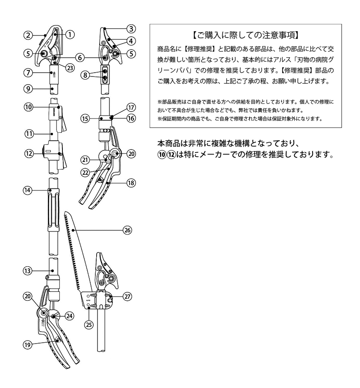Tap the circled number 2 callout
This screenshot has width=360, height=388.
click(x=29, y=35)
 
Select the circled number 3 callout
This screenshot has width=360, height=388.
click(x=131, y=29)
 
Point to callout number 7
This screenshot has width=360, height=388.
click(x=29, y=72)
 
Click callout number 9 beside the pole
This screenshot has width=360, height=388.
click(x=29, y=89)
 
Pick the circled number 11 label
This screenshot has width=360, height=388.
click(x=29, y=133)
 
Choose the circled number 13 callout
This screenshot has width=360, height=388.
click(x=29, y=270)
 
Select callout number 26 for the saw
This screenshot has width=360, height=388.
click(x=127, y=230)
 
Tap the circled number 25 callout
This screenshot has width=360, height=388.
click(x=89, y=324)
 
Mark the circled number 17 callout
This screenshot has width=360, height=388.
click(x=131, y=107)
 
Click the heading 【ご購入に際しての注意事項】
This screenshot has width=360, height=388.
click(x=245, y=35)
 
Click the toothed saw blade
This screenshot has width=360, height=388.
click(x=75, y=252)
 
